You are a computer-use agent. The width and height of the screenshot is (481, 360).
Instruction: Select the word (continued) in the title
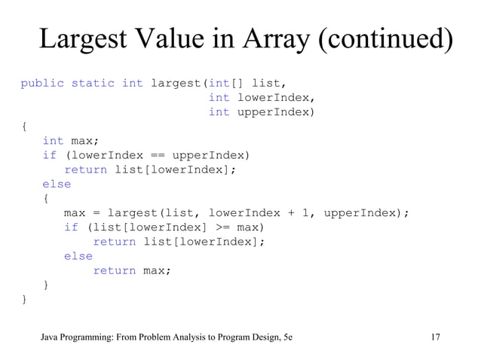point(380,40)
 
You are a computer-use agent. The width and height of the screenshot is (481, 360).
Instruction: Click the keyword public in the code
point(41,83)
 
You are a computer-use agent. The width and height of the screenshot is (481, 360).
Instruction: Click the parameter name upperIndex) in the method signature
point(274,112)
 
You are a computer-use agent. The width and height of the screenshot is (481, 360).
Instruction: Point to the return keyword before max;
point(114,271)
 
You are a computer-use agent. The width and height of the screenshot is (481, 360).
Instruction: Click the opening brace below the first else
point(46,199)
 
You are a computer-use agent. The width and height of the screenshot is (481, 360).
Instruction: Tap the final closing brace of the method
point(24,300)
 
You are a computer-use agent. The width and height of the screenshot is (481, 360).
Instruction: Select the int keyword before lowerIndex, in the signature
point(219,98)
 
